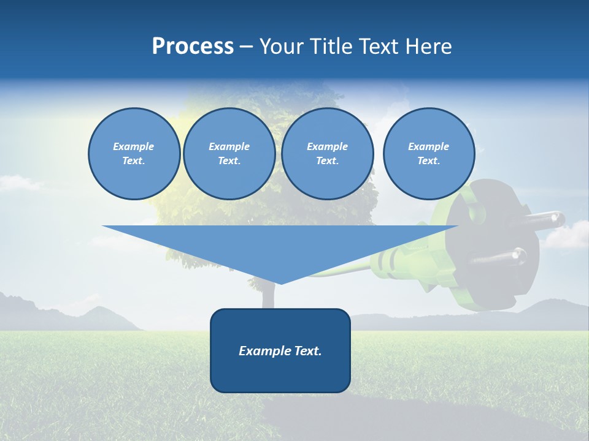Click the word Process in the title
(193, 47)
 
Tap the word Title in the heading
(331, 47)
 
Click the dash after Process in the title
(246, 47)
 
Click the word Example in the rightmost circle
(428, 146)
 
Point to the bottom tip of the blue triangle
(280, 283)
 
